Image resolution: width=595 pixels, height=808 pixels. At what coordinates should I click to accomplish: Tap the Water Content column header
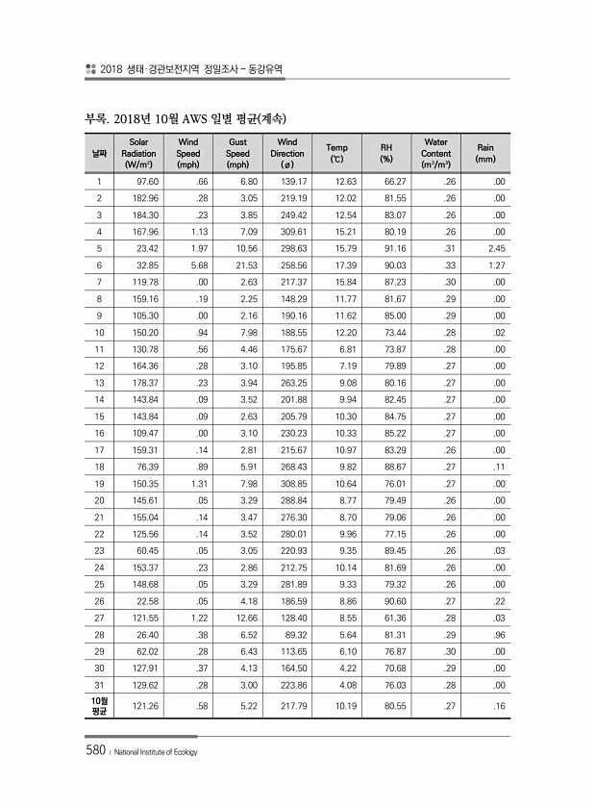[435, 153]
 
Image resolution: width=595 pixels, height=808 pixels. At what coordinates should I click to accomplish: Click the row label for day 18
[99, 465]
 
